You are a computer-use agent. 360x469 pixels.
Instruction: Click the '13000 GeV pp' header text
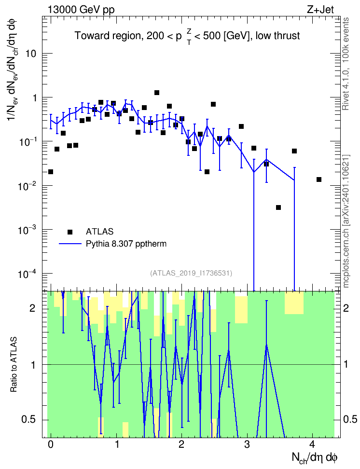81,10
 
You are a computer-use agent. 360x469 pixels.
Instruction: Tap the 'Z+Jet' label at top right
320,10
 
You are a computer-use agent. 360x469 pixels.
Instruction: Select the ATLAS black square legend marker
70,232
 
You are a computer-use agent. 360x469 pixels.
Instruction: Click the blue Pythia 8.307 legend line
70,244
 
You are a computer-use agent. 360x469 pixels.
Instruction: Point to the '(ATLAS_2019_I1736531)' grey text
191,273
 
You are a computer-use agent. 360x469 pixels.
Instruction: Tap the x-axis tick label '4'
312,444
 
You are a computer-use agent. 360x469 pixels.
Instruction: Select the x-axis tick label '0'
51,444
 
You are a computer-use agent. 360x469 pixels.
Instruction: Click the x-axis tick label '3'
247,444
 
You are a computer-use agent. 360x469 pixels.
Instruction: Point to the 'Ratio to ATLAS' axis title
14,365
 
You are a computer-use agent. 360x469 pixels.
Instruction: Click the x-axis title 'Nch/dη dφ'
315,458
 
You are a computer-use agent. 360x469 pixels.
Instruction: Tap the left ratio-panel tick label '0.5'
29,420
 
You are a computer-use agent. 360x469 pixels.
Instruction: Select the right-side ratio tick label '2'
346,308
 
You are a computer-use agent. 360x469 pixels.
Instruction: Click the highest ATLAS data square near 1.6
156,93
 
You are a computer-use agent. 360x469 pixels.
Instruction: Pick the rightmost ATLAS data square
319,179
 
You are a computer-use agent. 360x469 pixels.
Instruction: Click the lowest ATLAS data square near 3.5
278,207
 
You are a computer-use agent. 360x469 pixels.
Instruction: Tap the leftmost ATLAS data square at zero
51,172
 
